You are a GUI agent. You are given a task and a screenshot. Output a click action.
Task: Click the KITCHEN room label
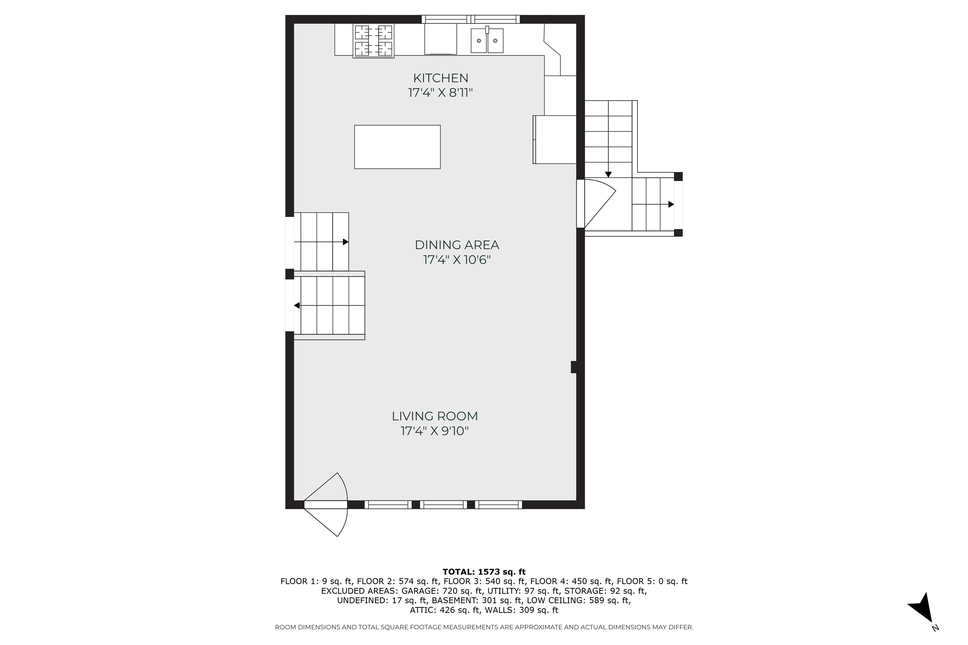[x=441, y=78]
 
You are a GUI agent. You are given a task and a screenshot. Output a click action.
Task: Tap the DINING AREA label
[x=457, y=245]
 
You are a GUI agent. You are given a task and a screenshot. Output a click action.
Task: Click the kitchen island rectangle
[x=397, y=147]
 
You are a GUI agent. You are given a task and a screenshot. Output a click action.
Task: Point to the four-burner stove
[x=373, y=40]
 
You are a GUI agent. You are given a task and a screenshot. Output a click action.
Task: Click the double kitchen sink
[x=487, y=40]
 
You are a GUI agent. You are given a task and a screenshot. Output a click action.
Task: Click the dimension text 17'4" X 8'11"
[x=441, y=93]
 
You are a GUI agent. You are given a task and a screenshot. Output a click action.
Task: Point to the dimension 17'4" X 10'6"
[x=457, y=260]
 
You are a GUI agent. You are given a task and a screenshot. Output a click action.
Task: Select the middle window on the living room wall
[x=444, y=505]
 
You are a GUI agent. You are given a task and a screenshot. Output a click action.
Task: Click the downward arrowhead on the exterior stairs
[x=608, y=174]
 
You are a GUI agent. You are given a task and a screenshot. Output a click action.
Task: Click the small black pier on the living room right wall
[x=574, y=367]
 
